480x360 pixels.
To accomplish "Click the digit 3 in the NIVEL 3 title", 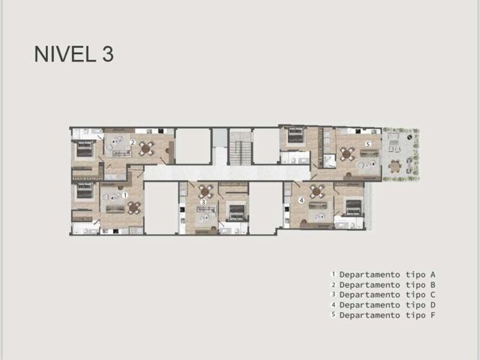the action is coord(108,54).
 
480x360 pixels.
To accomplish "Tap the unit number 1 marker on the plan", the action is coord(124,195).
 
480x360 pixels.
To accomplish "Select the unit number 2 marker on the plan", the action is coord(133,142).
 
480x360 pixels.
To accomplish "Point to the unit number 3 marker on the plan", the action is coord(203,202).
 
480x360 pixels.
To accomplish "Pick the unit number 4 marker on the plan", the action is coord(301,200).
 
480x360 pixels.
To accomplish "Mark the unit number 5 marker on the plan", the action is coord(368,143).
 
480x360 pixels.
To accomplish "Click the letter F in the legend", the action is coord(433,315).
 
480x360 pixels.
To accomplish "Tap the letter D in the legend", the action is coord(433,305).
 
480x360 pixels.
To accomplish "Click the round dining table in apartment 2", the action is coord(147,148).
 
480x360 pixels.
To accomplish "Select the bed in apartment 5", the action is coord(295,135).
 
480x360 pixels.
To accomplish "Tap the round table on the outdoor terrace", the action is coord(394,166).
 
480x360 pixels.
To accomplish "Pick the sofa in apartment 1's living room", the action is coord(115,208).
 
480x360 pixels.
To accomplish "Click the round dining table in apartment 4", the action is coord(316,192).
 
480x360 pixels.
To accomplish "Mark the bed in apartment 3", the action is coord(237,212).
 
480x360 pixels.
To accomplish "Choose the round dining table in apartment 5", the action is coord(347,154).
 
